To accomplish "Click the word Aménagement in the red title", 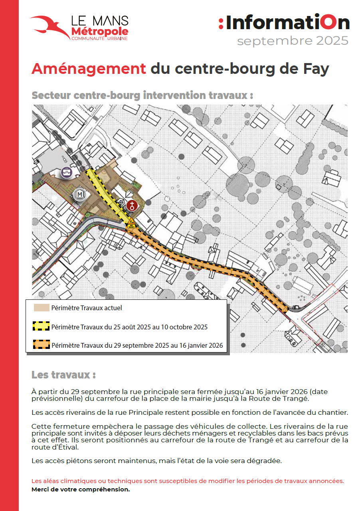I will click(89, 69).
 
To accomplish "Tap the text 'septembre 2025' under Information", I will click(293, 41).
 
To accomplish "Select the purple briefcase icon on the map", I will click(67, 173).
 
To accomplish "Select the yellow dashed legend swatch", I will click(41, 327).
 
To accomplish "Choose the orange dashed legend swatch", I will click(41, 345).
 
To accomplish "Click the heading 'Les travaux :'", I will click(63, 375).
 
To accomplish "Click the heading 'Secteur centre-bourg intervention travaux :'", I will click(142, 96).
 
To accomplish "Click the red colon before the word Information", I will click(221, 23).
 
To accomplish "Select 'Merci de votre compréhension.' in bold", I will click(81, 489).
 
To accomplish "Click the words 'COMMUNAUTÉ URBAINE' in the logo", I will click(99, 38).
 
